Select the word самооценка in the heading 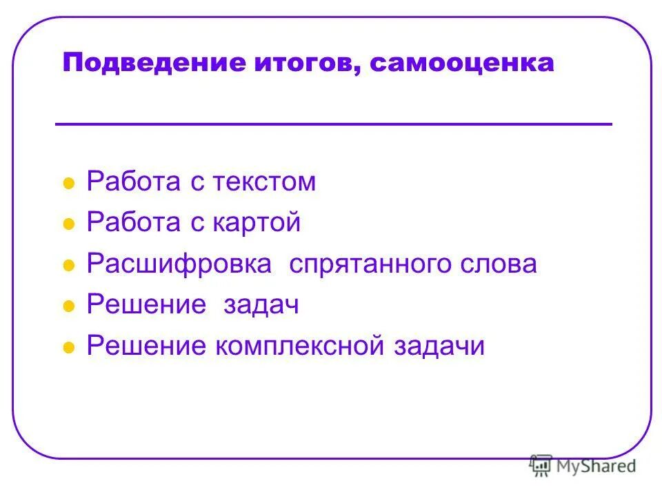tap(461, 64)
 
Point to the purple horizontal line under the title tap(333, 124)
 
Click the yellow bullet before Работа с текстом tap(68, 184)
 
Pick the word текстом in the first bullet tap(265, 182)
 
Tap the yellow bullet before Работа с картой tap(68, 225)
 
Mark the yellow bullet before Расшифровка tap(68, 266)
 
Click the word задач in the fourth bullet tap(261, 305)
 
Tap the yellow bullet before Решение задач tap(68, 307)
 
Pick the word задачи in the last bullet tap(439, 346)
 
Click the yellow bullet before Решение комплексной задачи tap(68, 349)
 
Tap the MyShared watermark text tap(596, 466)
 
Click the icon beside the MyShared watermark tap(541, 466)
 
